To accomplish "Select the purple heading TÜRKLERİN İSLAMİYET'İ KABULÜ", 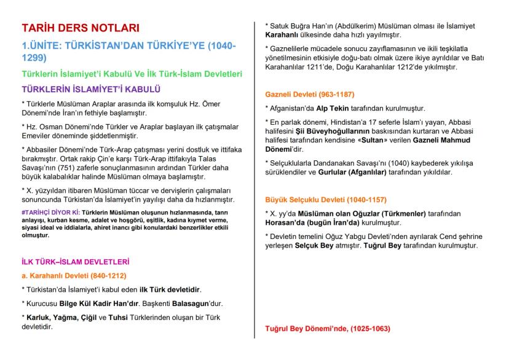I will coord(91,90).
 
